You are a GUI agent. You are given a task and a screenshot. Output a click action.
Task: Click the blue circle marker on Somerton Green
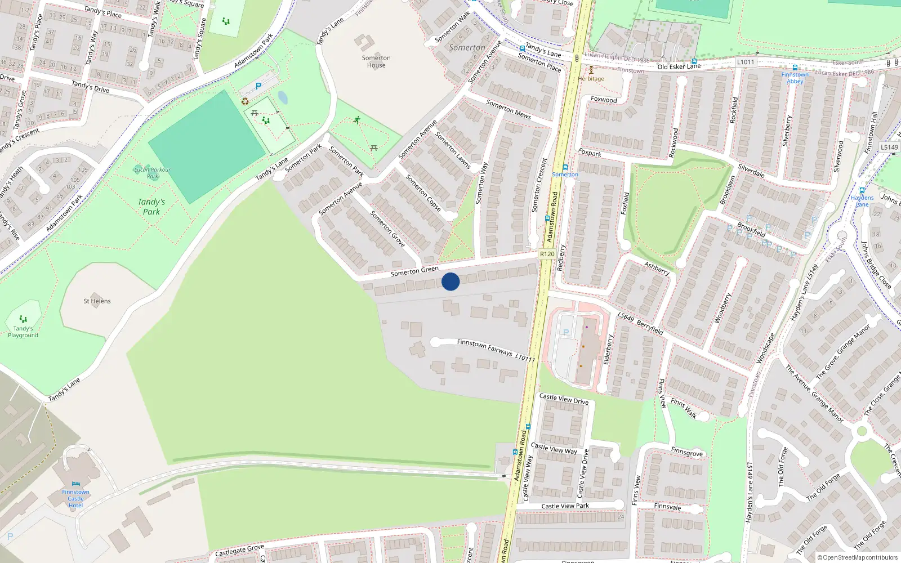pyautogui.click(x=450, y=281)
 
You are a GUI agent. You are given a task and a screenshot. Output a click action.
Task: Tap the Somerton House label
pyautogui.click(x=376, y=61)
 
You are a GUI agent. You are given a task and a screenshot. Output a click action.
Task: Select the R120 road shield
pyautogui.click(x=547, y=254)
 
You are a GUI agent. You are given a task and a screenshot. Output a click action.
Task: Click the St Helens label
pyautogui.click(x=97, y=301)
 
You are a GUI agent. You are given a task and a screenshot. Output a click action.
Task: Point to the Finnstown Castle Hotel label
pyautogui.click(x=75, y=498)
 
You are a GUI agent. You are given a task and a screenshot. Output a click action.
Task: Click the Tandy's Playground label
pyautogui.click(x=23, y=332)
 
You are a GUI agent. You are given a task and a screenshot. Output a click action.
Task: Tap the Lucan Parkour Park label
pyautogui.click(x=152, y=173)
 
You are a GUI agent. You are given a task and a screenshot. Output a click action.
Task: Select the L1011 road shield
pyautogui.click(x=745, y=62)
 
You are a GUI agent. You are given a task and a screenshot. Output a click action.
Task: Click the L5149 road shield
pyautogui.click(x=889, y=148)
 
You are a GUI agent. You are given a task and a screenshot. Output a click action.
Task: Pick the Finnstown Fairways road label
pyautogui.click(x=484, y=347)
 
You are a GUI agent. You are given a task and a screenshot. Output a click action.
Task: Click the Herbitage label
pyautogui.click(x=591, y=79)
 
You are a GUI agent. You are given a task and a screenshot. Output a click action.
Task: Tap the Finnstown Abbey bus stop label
pyautogui.click(x=795, y=78)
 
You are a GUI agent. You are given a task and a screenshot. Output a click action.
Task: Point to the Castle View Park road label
pyautogui.click(x=565, y=506)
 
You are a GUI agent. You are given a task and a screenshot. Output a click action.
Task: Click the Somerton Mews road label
pyautogui.click(x=508, y=109)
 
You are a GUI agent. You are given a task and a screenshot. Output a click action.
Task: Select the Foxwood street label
pyautogui.click(x=604, y=100)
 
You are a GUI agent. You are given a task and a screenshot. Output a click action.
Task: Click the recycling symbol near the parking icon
pyautogui.click(x=245, y=101)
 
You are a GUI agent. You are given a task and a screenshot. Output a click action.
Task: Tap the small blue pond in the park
pyautogui.click(x=283, y=98)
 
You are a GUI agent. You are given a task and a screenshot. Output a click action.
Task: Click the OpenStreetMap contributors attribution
pyautogui.click(x=858, y=557)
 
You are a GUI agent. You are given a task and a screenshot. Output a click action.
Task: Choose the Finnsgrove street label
pyautogui.click(x=686, y=452)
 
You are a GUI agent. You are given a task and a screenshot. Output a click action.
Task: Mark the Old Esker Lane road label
pyautogui.click(x=679, y=66)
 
